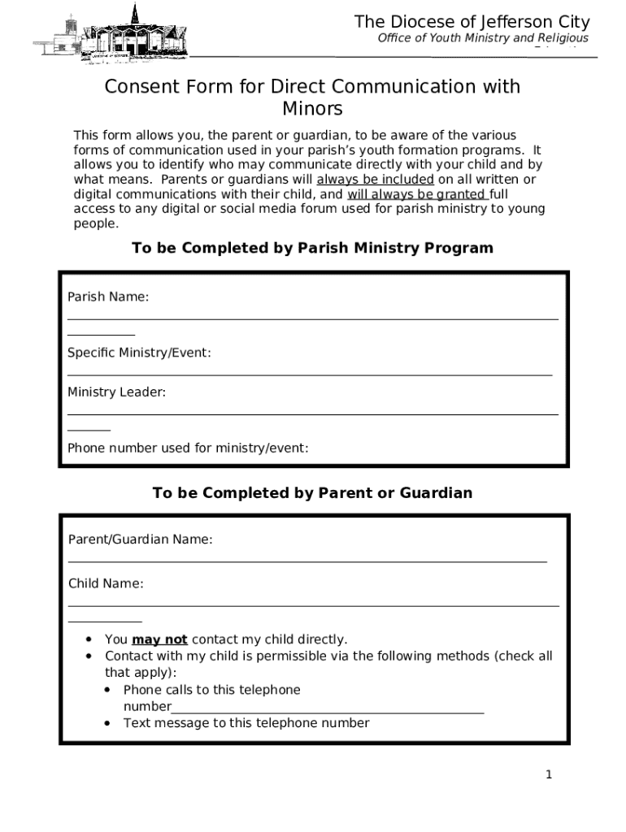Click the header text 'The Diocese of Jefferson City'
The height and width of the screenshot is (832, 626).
click(472, 22)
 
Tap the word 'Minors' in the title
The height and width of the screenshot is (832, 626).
click(312, 109)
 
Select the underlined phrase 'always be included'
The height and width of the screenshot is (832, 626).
click(375, 180)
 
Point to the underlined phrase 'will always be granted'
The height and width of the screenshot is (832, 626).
click(417, 194)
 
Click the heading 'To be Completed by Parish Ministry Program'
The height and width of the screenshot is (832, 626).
click(312, 248)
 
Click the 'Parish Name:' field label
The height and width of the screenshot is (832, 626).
click(108, 297)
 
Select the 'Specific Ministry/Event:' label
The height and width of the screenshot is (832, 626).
click(139, 353)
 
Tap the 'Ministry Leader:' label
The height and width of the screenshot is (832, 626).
click(116, 392)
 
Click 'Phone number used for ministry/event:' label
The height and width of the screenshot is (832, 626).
click(188, 448)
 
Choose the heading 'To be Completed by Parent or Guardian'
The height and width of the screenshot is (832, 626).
click(312, 493)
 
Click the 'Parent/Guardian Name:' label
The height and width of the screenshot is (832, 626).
click(141, 539)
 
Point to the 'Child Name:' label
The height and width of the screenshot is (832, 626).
click(106, 583)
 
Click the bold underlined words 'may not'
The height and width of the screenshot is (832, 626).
click(159, 639)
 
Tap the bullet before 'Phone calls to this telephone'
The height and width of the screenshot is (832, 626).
click(108, 690)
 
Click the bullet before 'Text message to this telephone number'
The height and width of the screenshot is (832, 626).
click(108, 723)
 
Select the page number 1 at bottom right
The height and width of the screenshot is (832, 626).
click(549, 774)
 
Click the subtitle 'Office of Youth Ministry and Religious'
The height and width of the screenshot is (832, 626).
click(483, 38)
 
